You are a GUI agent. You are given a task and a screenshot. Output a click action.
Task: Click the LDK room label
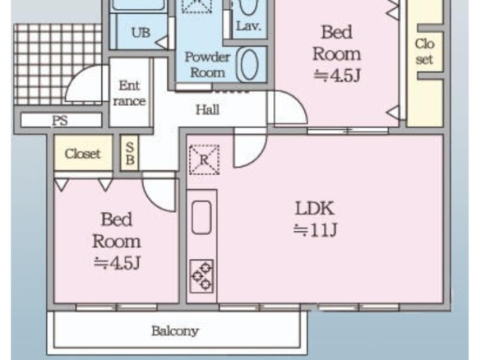[315, 209]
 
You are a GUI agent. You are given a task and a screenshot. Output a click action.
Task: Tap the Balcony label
[175, 331]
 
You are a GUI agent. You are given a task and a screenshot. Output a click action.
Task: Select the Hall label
[208, 109]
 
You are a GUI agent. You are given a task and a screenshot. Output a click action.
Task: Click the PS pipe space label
[60, 121]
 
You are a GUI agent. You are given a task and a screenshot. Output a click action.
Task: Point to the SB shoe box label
[130, 153]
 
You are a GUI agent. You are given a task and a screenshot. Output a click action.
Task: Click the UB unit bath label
[141, 32]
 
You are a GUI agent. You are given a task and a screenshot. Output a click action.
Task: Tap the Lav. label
[249, 26]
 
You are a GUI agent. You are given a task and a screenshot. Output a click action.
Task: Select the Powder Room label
[207, 65]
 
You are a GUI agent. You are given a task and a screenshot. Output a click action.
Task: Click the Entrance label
[129, 93]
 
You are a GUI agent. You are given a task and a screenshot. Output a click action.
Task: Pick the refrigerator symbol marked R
[204, 159]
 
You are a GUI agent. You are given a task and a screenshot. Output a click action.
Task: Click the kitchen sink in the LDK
[201, 217]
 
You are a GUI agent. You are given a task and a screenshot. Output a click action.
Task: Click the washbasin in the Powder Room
[248, 65]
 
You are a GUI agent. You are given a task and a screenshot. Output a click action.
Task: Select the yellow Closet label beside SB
[83, 154]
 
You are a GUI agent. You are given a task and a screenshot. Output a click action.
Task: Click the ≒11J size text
[316, 230]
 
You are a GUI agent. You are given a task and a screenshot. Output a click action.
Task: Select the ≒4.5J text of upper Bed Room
[337, 76]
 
